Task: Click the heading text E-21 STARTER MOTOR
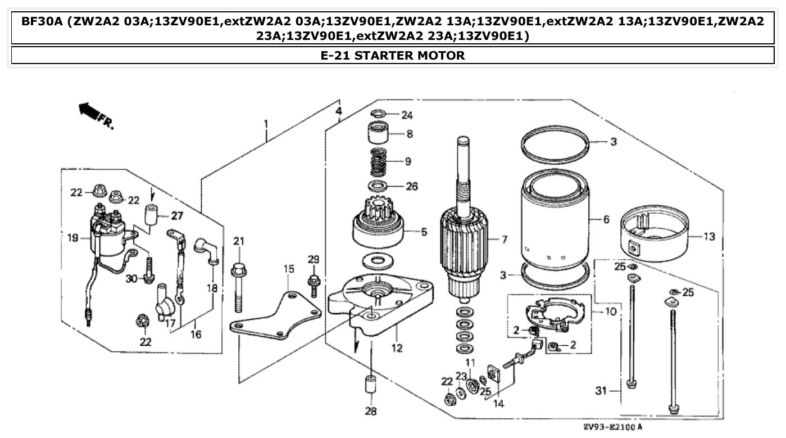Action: point(393,56)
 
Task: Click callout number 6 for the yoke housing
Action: point(606,219)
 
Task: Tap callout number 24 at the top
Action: point(407,115)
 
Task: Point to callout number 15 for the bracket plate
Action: point(289,269)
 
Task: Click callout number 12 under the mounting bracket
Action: point(397,348)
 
